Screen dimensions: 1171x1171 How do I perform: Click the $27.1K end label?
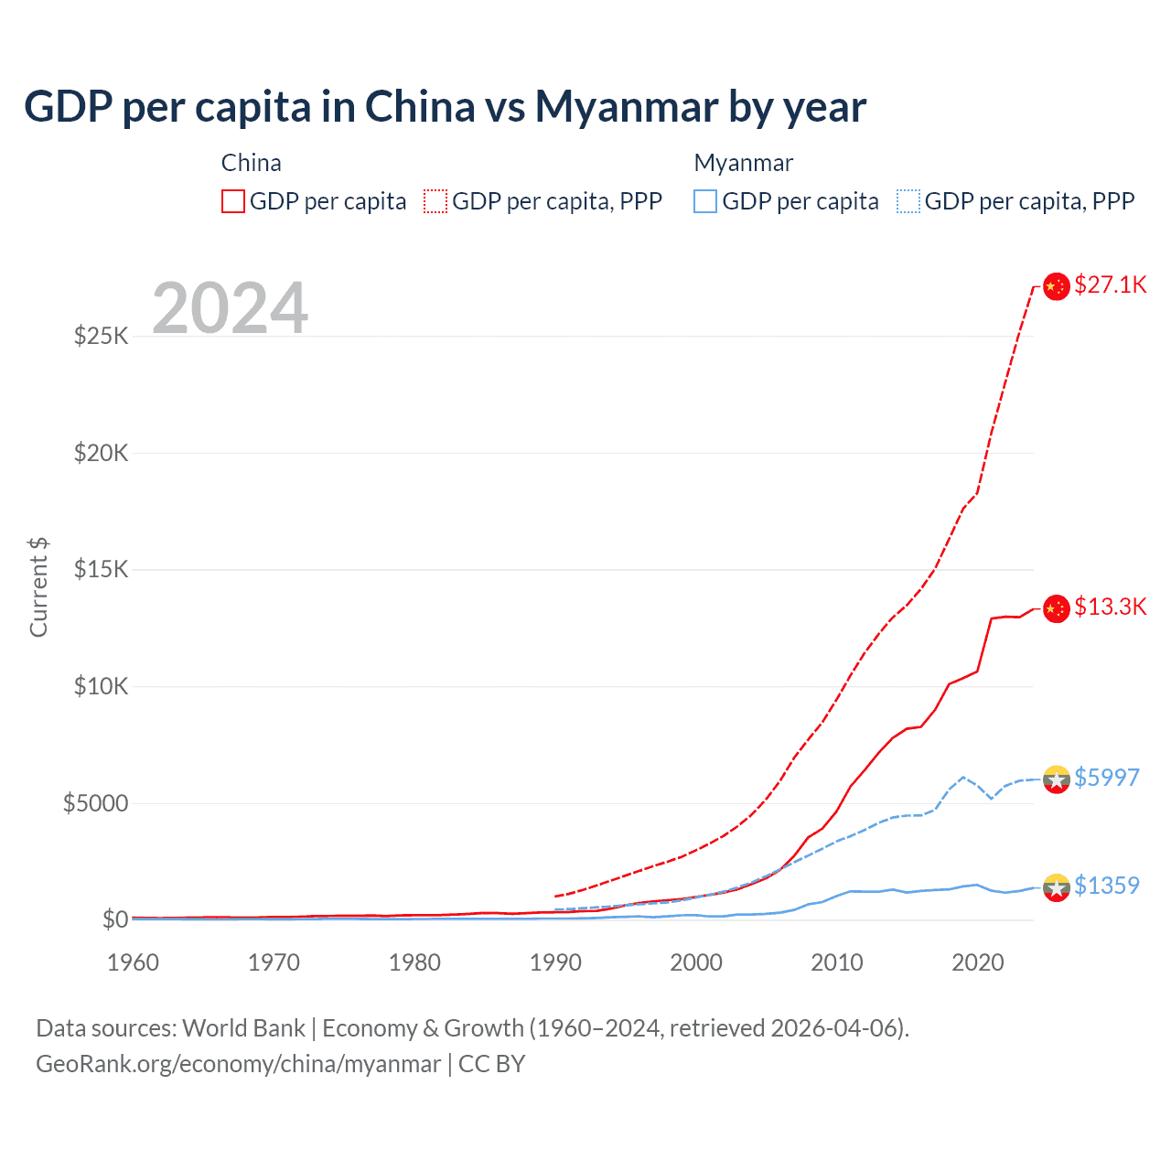[1110, 285]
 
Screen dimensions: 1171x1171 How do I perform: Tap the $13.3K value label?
[1110, 607]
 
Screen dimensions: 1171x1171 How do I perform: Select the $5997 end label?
[1106, 778]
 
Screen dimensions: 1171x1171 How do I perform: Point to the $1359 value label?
[1106, 886]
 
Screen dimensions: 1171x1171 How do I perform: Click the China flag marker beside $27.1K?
[1057, 286]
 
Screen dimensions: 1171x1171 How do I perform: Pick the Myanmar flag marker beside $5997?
[1057, 779]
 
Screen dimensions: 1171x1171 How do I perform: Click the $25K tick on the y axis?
[102, 336]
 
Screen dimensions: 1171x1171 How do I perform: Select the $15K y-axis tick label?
[102, 569]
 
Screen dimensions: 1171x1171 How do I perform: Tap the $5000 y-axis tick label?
[96, 803]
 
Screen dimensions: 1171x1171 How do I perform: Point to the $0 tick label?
[115, 919]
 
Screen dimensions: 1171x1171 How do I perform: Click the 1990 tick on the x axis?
[555, 962]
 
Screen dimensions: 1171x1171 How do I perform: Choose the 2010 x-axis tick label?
[837, 962]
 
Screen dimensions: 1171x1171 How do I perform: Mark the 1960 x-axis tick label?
[133, 962]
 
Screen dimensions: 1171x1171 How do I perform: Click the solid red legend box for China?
[233, 201]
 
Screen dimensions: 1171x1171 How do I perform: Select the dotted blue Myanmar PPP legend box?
[908, 201]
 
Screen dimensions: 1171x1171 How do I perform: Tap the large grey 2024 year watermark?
[230, 308]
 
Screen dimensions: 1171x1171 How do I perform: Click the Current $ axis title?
[38, 587]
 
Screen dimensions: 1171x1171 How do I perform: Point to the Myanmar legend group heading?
[743, 163]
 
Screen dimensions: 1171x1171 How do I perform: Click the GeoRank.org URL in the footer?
[238, 1064]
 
